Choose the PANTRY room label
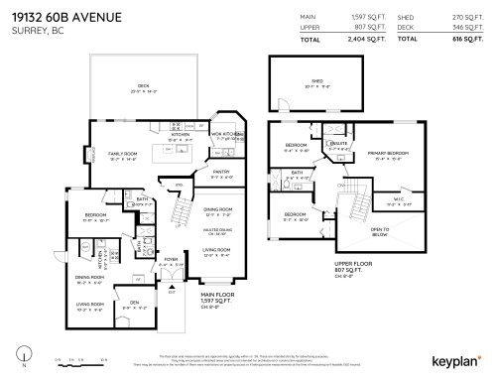(220, 172)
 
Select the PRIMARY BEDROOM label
(382, 154)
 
